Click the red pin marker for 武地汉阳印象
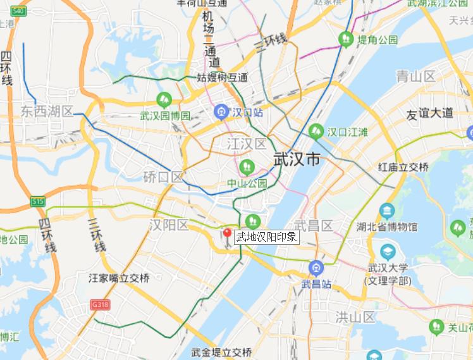[x=227, y=233]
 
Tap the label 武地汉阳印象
[x=266, y=237]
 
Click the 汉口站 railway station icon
[x=221, y=112]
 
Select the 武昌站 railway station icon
[x=316, y=268]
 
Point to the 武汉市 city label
[x=297, y=159]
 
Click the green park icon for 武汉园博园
[x=164, y=100]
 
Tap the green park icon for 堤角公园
[x=346, y=39]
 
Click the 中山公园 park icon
[x=247, y=167]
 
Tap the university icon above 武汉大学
[x=387, y=251]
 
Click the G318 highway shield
[x=100, y=304]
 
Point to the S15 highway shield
[x=38, y=202]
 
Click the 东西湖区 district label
[x=47, y=112]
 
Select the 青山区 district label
[x=415, y=77]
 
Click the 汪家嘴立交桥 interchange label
[x=120, y=278]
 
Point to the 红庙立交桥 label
[x=403, y=168]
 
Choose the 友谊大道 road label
[x=429, y=113]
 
